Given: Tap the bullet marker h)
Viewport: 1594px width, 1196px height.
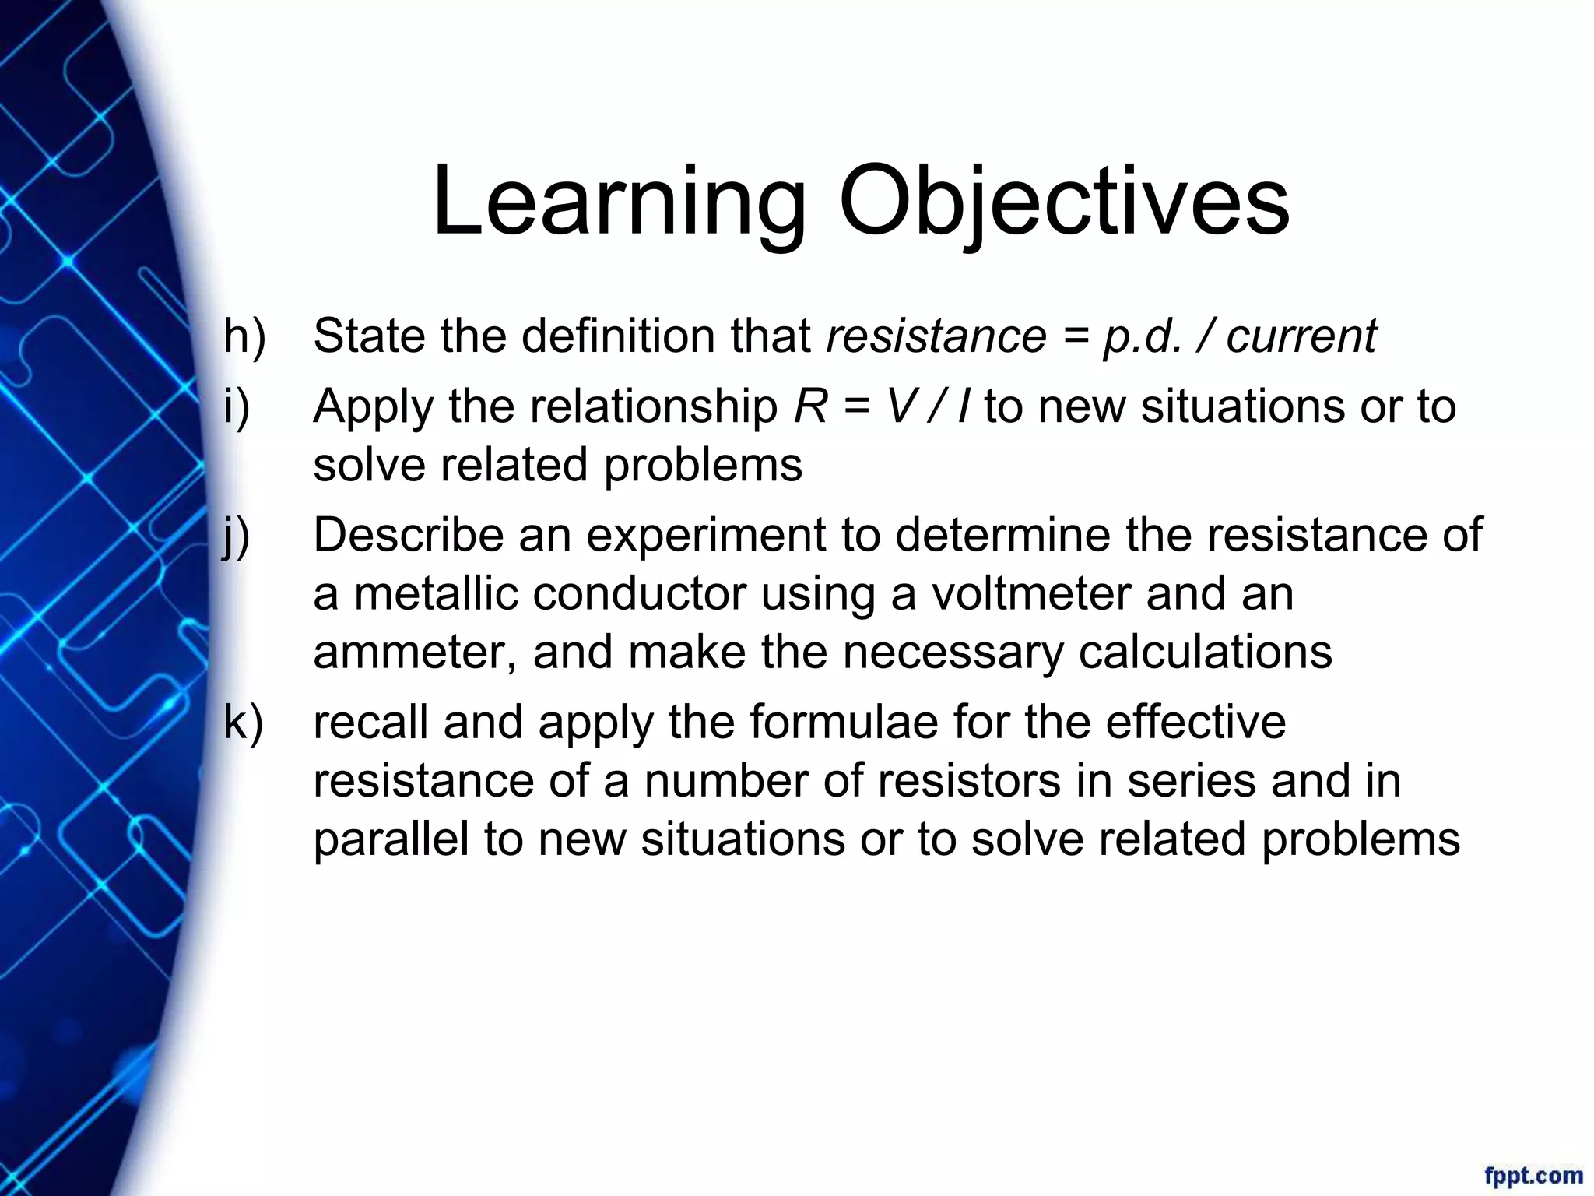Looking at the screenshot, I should click(244, 336).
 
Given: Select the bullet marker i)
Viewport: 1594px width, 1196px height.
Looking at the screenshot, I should click(237, 406).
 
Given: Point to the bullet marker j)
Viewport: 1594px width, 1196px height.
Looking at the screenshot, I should click(237, 536).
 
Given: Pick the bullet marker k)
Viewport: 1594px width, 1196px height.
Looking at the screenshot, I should click(244, 722).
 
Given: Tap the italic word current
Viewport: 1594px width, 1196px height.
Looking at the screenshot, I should click(1301, 336).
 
